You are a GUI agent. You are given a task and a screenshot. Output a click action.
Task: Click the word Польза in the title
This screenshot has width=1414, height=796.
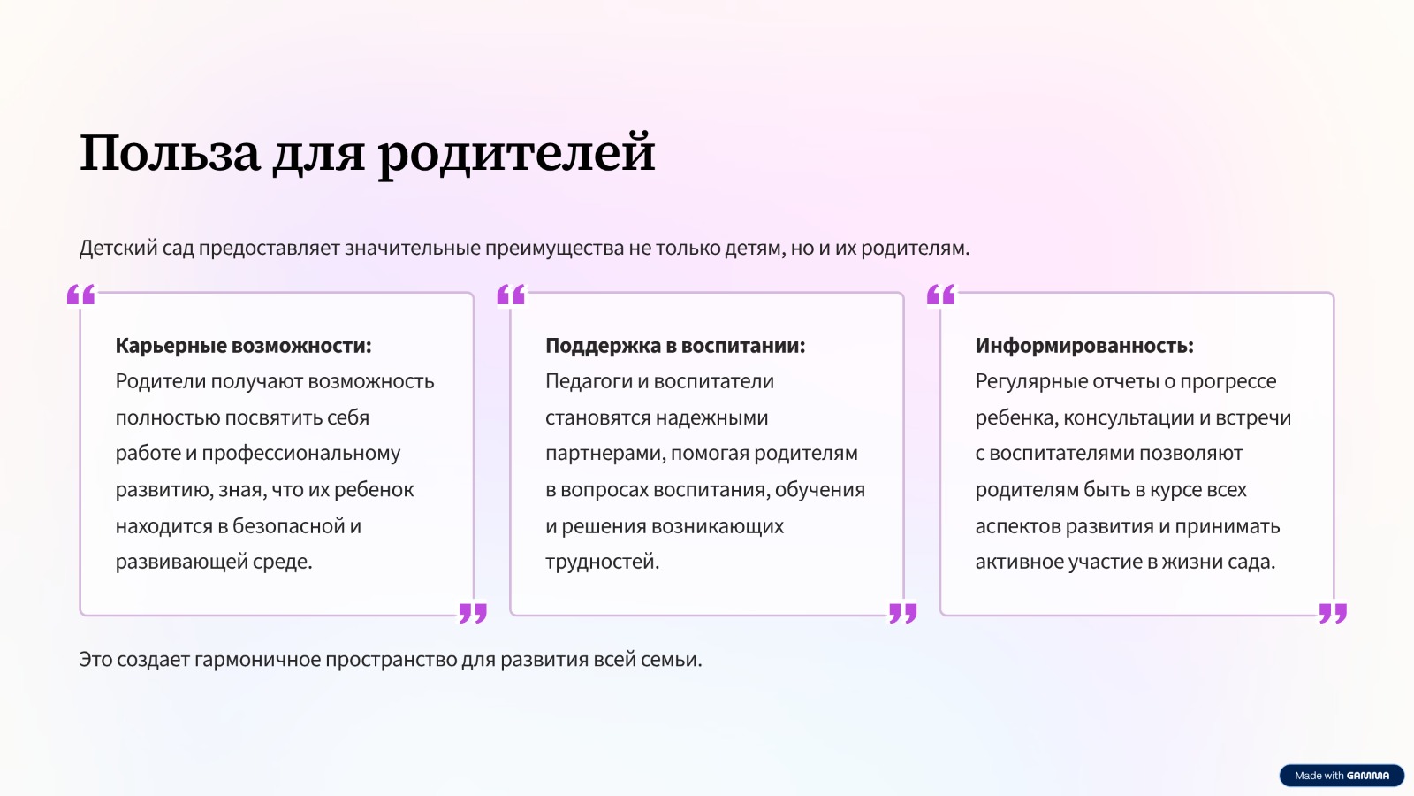pyautogui.click(x=170, y=152)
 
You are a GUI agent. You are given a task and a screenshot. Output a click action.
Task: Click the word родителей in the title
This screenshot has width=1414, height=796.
pyautogui.click(x=516, y=156)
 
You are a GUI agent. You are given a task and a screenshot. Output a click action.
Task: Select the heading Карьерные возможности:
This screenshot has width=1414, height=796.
pyautogui.click(x=244, y=346)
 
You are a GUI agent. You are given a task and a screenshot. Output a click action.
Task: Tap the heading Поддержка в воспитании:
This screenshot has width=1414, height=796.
pyautogui.click(x=675, y=346)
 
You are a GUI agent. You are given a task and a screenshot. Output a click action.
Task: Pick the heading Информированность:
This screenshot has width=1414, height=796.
pyautogui.click(x=1084, y=346)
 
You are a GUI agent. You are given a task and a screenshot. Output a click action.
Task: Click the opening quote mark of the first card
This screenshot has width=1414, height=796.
pyautogui.click(x=80, y=295)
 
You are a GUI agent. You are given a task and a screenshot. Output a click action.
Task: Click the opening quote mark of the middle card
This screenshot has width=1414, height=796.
pyautogui.click(x=511, y=295)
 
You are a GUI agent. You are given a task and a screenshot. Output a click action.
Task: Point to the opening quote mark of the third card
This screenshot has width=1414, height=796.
pyautogui.click(x=940, y=295)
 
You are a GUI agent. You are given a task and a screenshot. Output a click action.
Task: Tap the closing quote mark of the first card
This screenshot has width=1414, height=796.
pyautogui.click(x=473, y=613)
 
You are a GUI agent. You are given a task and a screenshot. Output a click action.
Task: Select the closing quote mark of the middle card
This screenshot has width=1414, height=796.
pyautogui.click(x=902, y=613)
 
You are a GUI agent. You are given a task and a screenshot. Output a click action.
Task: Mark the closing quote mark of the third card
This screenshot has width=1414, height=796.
pyautogui.click(x=1334, y=613)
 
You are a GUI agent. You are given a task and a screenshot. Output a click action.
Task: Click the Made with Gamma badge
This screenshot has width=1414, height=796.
pyautogui.click(x=1342, y=775)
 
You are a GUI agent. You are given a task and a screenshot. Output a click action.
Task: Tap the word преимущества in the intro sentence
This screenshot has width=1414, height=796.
pyautogui.click(x=554, y=249)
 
